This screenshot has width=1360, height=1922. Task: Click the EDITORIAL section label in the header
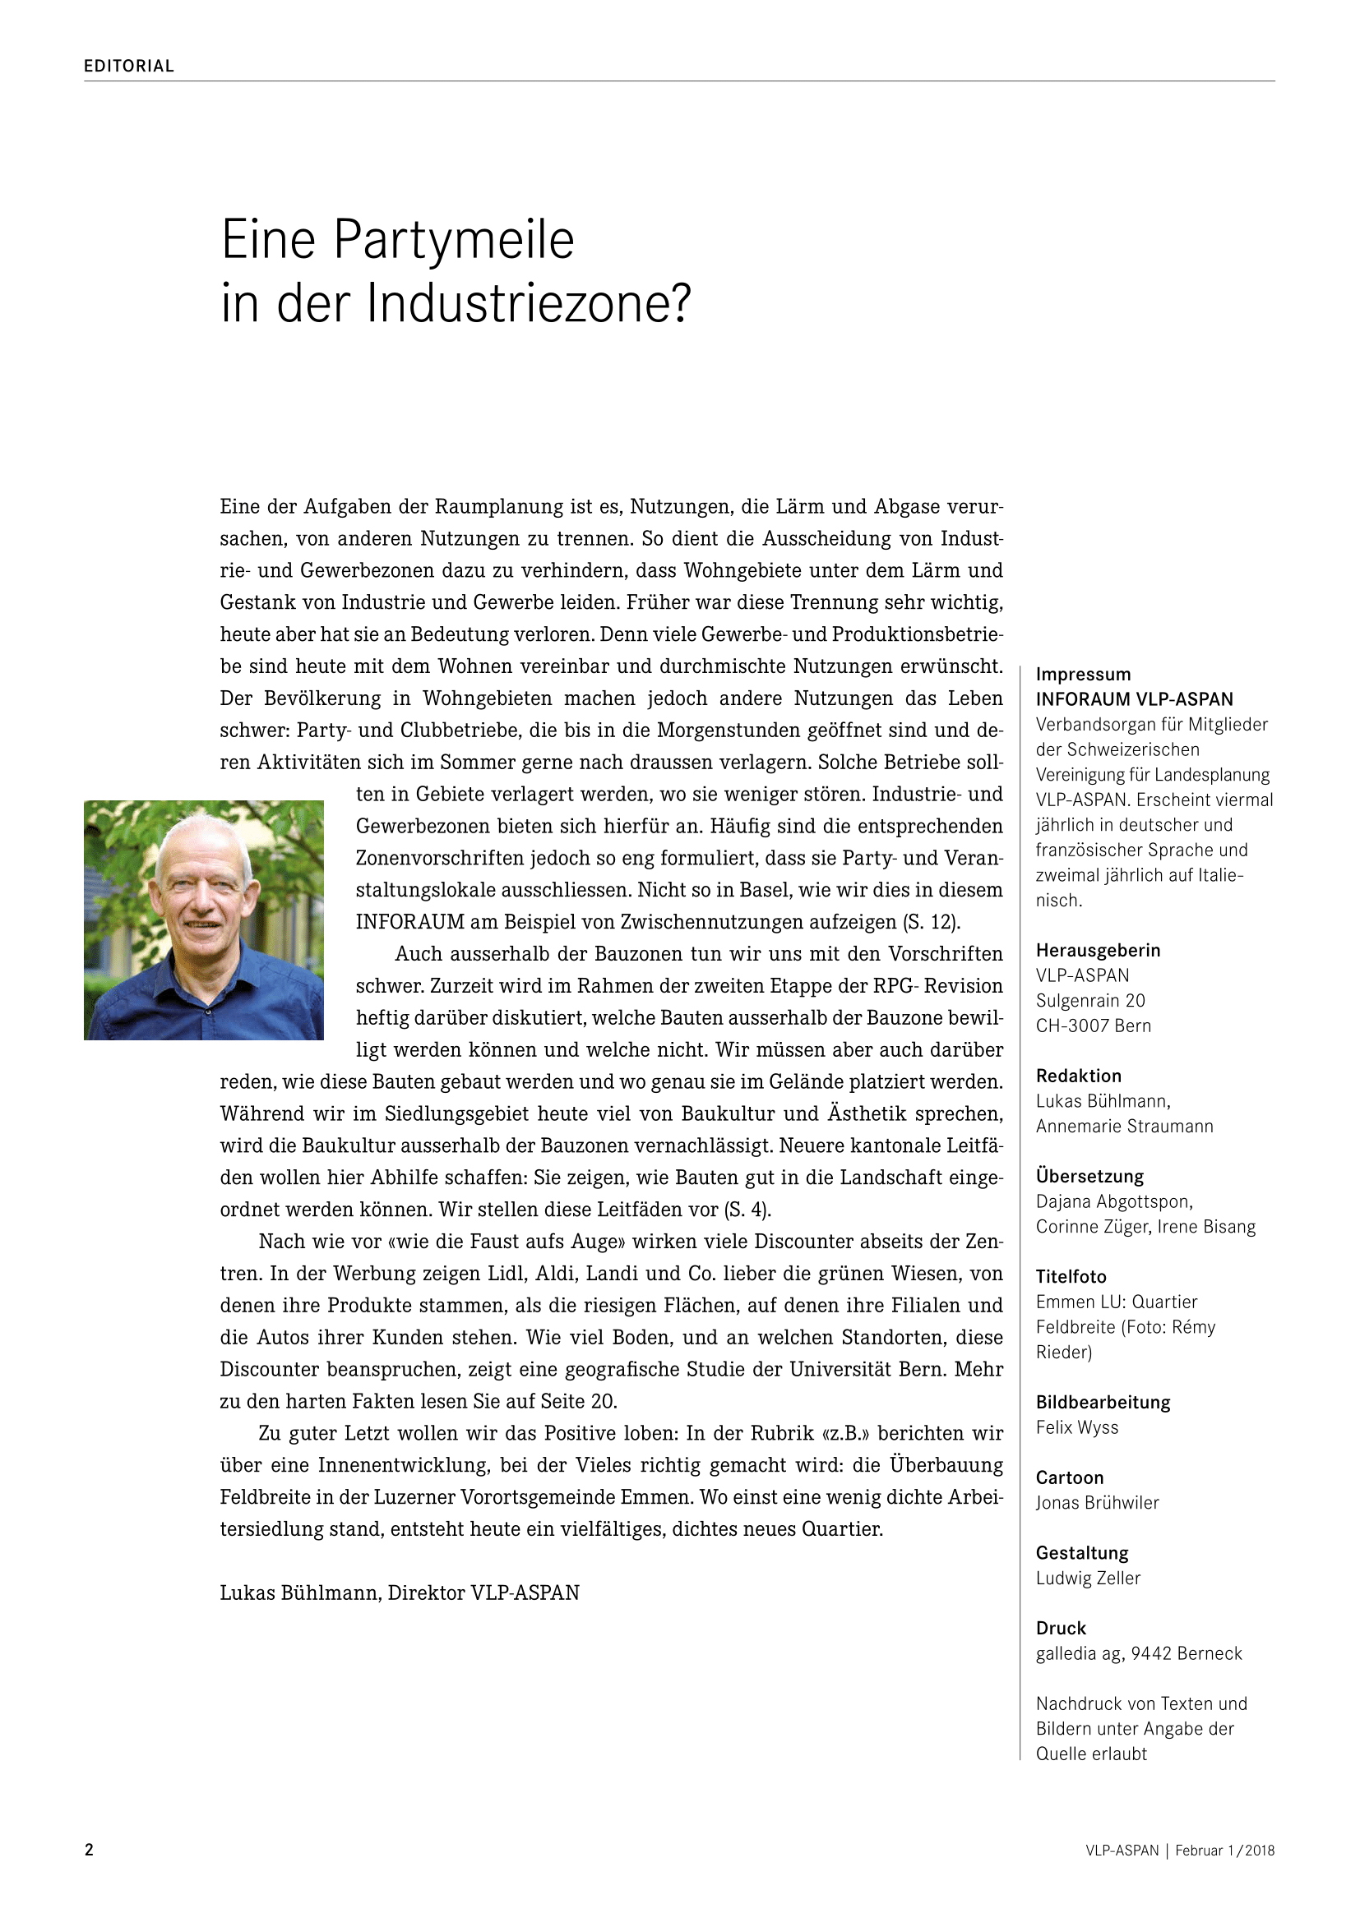[128, 66]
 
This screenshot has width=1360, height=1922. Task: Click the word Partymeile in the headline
[454, 241]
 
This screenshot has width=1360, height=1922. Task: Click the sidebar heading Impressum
[1083, 675]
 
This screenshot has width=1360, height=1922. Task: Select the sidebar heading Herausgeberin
[1098, 950]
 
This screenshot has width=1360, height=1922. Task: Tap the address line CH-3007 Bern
[1093, 1026]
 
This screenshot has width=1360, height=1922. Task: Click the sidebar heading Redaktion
[1078, 1076]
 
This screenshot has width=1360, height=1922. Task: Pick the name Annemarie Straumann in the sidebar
[1124, 1126]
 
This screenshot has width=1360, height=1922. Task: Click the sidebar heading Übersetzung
[1089, 1176]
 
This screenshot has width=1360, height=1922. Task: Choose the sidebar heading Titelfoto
[1071, 1277]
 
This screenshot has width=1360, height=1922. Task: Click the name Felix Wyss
[1077, 1427]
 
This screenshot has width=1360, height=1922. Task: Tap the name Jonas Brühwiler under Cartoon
[1097, 1503]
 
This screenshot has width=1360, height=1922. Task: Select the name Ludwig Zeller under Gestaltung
[1088, 1578]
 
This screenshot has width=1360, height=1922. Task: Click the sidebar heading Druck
[1060, 1628]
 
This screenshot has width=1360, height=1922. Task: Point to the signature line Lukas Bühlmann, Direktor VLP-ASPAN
[400, 1593]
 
